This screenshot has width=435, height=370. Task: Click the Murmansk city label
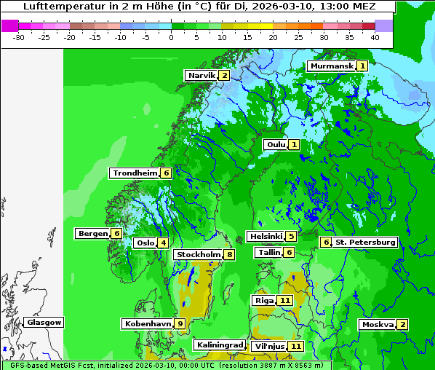coord(332,66)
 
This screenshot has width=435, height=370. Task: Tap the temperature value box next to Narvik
coord(225,76)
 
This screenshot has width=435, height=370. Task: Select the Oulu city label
coord(276,145)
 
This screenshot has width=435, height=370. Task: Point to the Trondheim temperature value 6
coord(167,173)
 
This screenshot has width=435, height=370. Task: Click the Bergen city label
coord(92,234)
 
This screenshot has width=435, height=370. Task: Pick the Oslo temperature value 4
coord(164,243)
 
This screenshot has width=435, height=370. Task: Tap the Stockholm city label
coord(199,255)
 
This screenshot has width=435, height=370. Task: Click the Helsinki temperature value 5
coord(291,237)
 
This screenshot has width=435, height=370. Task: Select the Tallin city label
coord(269,253)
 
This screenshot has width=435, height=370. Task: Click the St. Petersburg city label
coord(365,242)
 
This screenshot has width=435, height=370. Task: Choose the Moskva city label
coord(378,325)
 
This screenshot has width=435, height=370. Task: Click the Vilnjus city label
coord(268,347)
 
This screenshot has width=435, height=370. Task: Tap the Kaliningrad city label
coord(219,345)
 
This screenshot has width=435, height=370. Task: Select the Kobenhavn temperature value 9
coord(180,323)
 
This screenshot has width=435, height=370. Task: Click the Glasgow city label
coord(44,323)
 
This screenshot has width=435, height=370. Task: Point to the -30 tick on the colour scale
coord(19,37)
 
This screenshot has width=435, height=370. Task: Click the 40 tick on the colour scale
coord(375,37)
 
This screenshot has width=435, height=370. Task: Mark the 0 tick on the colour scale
coord(172,37)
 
